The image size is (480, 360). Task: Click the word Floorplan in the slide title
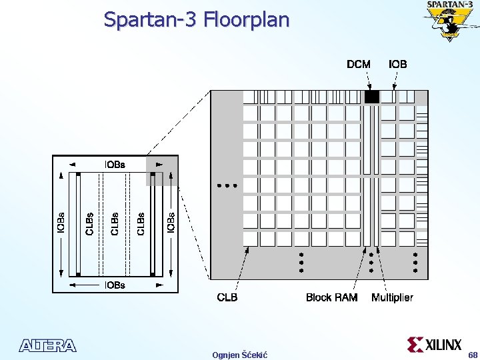tap(247, 20)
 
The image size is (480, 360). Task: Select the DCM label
tap(359, 65)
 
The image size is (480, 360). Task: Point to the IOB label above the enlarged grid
tap(398, 65)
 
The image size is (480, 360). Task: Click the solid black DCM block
tap(371, 97)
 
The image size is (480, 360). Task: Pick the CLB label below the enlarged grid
tap(227, 297)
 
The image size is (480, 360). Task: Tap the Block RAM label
tap(331, 297)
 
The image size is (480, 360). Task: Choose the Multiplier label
tap(392, 297)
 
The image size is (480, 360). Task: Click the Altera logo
tap(48, 346)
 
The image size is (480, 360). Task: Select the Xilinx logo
tap(434, 345)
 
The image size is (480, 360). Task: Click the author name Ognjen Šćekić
tap(239, 355)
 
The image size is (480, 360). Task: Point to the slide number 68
tap(473, 355)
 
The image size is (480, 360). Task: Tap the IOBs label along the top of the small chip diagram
tap(115, 165)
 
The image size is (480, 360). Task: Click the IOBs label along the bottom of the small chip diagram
tap(115, 285)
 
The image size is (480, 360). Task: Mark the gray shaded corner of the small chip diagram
tap(162, 170)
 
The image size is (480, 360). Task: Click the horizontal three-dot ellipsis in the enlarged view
tap(227, 186)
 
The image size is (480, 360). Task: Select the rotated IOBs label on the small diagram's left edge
tap(61, 224)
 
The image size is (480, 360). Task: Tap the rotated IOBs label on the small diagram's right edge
tap(170, 224)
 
